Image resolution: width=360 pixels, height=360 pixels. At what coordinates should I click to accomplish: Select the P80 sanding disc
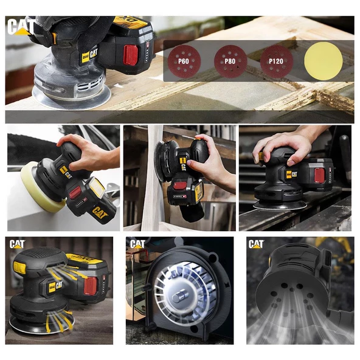click(x=230, y=61)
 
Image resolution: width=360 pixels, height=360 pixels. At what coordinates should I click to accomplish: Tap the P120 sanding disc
click(x=276, y=61)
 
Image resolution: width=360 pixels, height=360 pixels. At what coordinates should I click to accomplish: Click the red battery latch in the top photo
click(x=131, y=55)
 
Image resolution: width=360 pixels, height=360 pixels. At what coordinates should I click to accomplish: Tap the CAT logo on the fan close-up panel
click(x=137, y=244)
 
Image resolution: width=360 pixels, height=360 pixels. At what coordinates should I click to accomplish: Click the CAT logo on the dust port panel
click(x=255, y=244)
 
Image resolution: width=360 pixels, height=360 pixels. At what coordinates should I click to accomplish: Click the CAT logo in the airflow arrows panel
click(x=17, y=244)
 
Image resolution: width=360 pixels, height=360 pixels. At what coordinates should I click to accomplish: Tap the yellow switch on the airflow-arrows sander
click(x=19, y=267)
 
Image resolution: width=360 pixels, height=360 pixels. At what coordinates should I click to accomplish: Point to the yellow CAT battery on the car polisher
click(x=98, y=203)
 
